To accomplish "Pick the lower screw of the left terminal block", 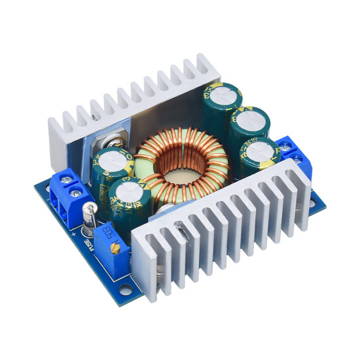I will (77, 192).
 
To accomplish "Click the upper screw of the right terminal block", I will (286, 145).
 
